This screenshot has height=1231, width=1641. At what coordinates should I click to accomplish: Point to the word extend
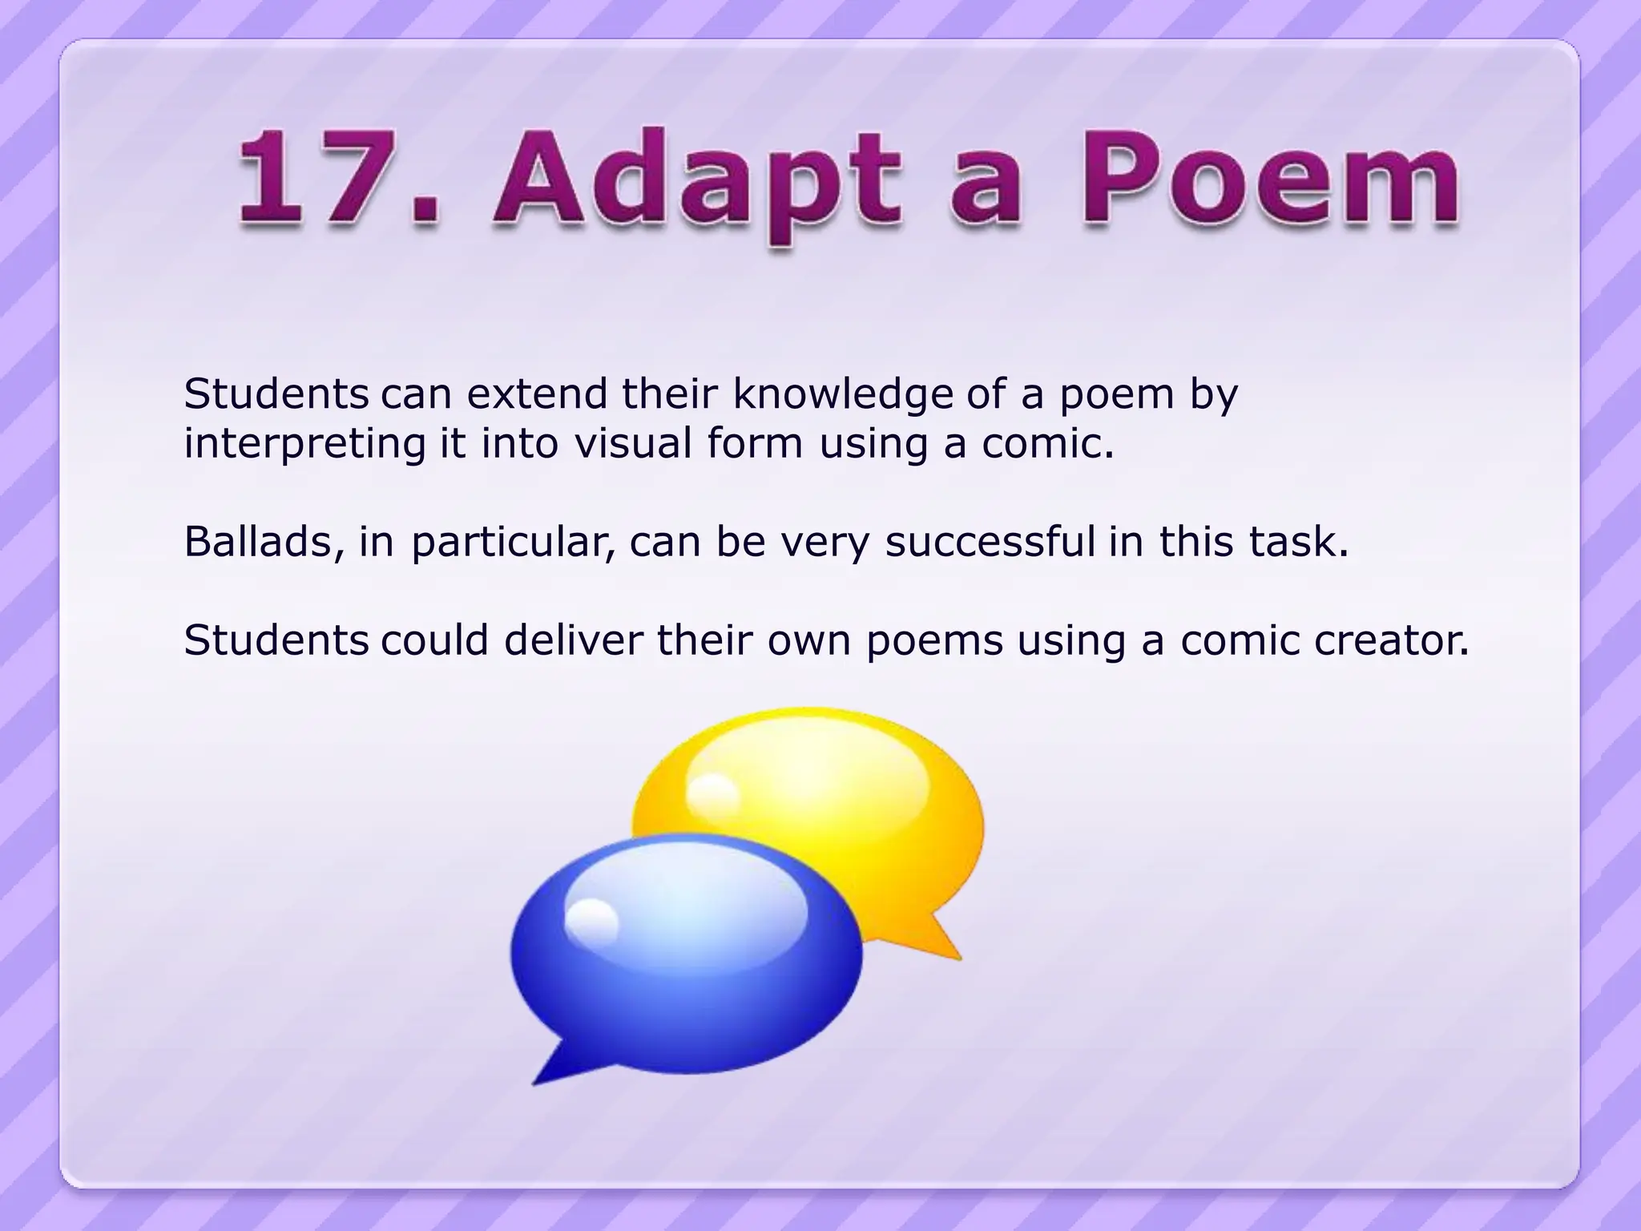(x=537, y=394)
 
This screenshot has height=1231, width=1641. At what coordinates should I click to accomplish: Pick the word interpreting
(x=304, y=444)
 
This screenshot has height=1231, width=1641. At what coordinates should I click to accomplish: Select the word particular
(x=513, y=543)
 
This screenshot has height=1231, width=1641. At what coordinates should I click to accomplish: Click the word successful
(x=990, y=542)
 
